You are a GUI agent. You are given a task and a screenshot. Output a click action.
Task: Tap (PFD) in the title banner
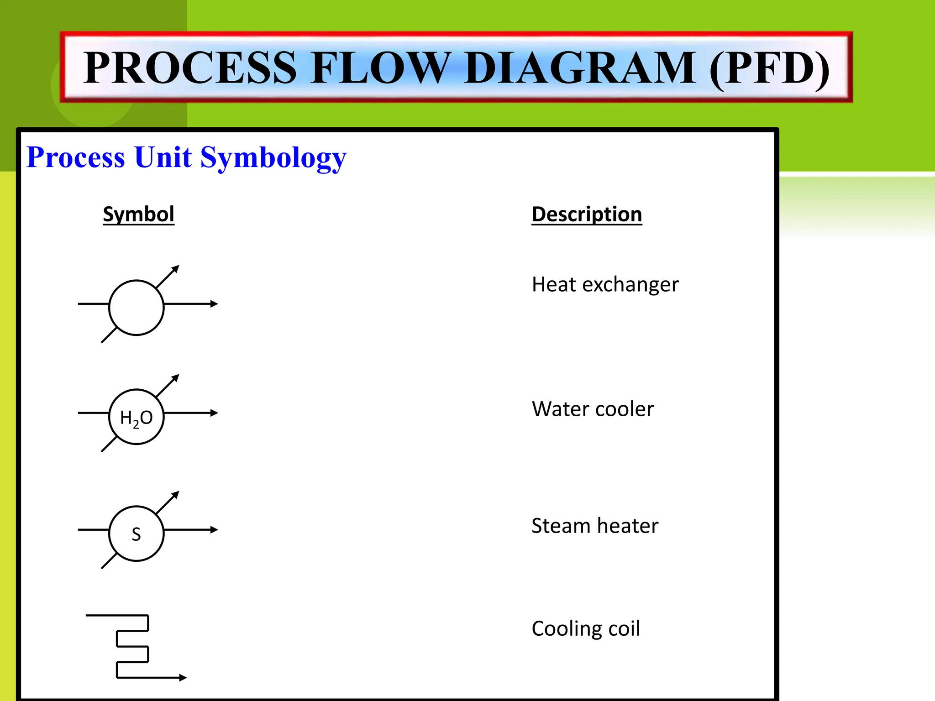769,68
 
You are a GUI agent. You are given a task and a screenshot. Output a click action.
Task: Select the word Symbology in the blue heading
273,158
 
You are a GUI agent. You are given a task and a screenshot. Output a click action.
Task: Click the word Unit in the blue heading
163,157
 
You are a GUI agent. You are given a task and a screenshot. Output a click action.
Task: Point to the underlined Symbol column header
138,214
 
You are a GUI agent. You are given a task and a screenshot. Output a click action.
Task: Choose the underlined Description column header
587,214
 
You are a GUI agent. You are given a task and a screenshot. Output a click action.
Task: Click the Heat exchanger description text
605,284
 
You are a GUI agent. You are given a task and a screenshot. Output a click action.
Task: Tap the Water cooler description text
593,409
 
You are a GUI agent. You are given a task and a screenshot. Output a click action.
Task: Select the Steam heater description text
595,526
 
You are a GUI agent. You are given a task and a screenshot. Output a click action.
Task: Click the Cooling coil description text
586,628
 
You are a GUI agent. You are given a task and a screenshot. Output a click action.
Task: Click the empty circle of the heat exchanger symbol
136,308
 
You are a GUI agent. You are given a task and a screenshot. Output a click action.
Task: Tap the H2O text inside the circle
136,418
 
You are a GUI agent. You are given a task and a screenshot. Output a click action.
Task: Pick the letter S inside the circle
136,534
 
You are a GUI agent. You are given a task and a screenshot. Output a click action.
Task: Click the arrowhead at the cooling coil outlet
183,678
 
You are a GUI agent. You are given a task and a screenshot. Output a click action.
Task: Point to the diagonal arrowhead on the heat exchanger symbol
175,269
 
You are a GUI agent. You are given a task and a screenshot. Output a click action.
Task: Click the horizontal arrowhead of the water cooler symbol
214,413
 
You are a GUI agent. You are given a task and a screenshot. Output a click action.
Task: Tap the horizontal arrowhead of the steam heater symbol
214,530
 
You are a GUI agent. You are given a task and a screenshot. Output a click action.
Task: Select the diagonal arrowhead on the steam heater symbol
175,495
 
